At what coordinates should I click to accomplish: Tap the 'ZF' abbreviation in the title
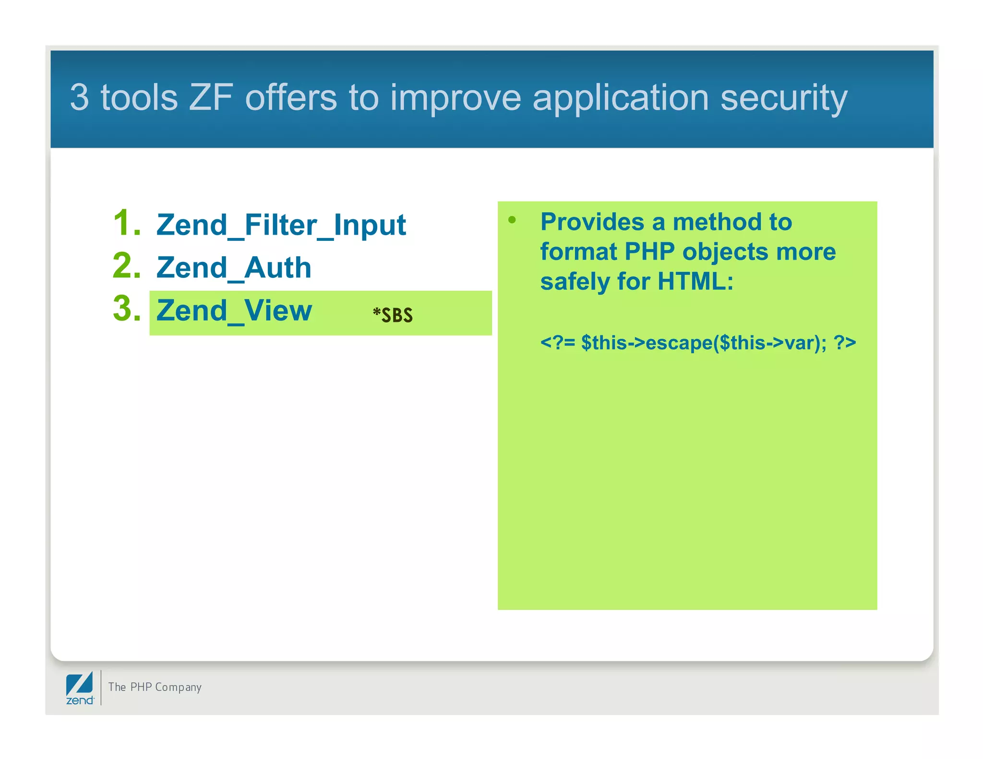click(x=211, y=97)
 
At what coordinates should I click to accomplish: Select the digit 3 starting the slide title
click(x=79, y=97)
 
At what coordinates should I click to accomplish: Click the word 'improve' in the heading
click(x=455, y=98)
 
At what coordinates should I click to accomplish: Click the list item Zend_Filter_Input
click(x=281, y=225)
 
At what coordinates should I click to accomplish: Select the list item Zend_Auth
click(x=234, y=268)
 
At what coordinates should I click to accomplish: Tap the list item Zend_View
click(x=234, y=311)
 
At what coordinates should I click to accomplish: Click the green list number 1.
click(x=126, y=223)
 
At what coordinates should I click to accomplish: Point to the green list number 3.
click(x=126, y=308)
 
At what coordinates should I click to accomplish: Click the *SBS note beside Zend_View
click(x=393, y=315)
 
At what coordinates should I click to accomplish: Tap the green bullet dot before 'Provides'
click(x=512, y=220)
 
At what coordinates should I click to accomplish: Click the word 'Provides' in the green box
click(x=591, y=222)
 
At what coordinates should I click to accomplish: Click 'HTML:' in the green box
click(x=695, y=282)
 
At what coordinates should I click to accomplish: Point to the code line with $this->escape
click(x=698, y=343)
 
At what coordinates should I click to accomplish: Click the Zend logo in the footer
click(x=80, y=688)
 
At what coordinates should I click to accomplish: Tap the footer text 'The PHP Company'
click(x=155, y=687)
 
